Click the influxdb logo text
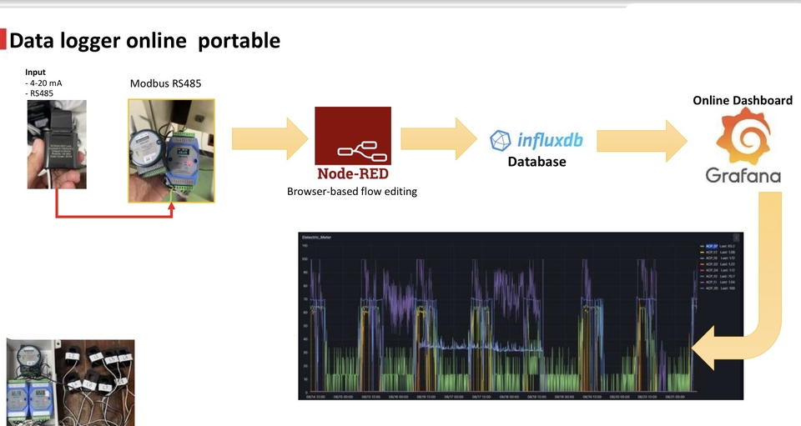549,140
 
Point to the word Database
537,162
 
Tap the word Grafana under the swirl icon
743,176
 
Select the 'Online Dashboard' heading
743,100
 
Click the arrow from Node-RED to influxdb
437,138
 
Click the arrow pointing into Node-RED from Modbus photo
268,138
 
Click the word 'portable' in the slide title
238,40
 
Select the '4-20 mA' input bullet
46,83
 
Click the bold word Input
36,73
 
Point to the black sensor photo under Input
57,146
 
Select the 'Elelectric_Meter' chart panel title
316,238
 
